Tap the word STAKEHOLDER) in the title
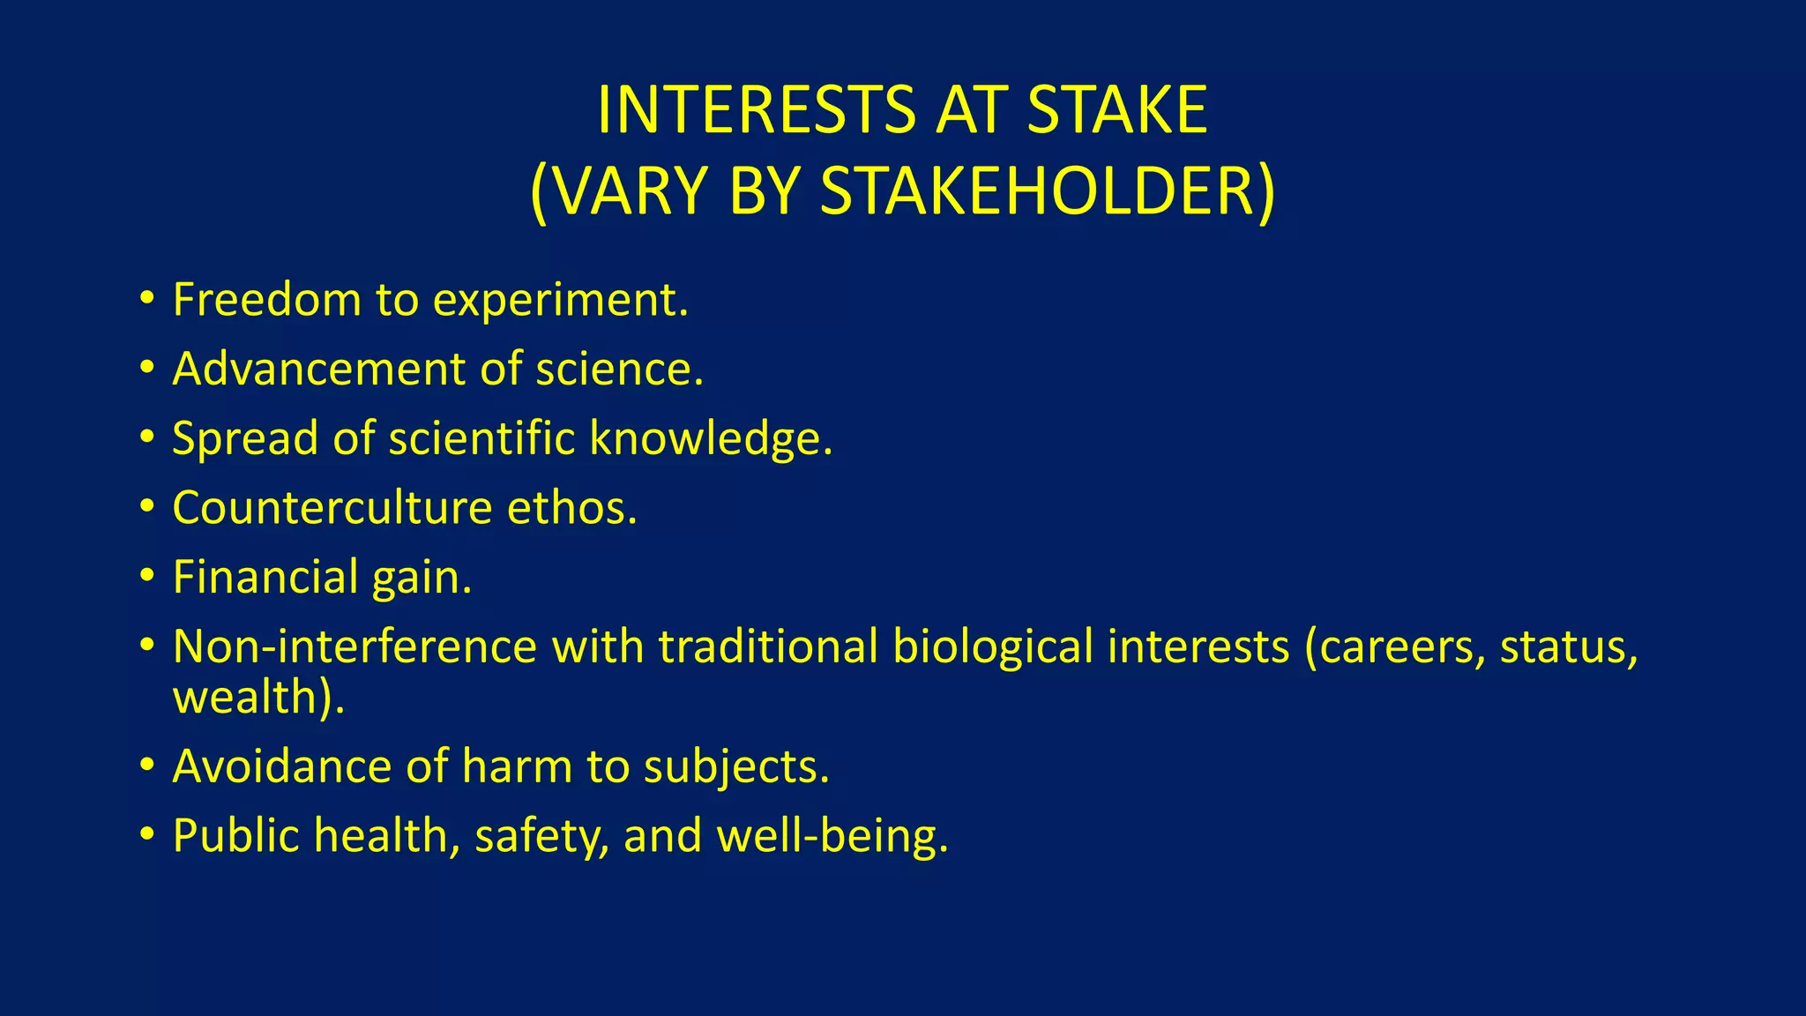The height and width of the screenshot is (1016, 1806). click(x=1048, y=191)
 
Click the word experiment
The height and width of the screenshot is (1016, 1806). click(x=561, y=302)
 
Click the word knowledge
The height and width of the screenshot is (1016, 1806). click(x=711, y=438)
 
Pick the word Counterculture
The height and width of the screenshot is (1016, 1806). click(x=332, y=508)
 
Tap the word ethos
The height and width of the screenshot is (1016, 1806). click(x=571, y=508)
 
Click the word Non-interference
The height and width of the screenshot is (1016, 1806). click(x=354, y=646)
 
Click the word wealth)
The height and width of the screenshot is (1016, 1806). click(x=258, y=697)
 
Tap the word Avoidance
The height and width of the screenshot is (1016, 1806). click(x=281, y=766)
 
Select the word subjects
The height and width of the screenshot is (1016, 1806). click(x=736, y=767)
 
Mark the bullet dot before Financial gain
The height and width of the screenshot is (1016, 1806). click(x=146, y=576)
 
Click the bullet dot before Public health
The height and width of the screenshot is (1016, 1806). click(x=146, y=834)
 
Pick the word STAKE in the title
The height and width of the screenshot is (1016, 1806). click(x=1117, y=110)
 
